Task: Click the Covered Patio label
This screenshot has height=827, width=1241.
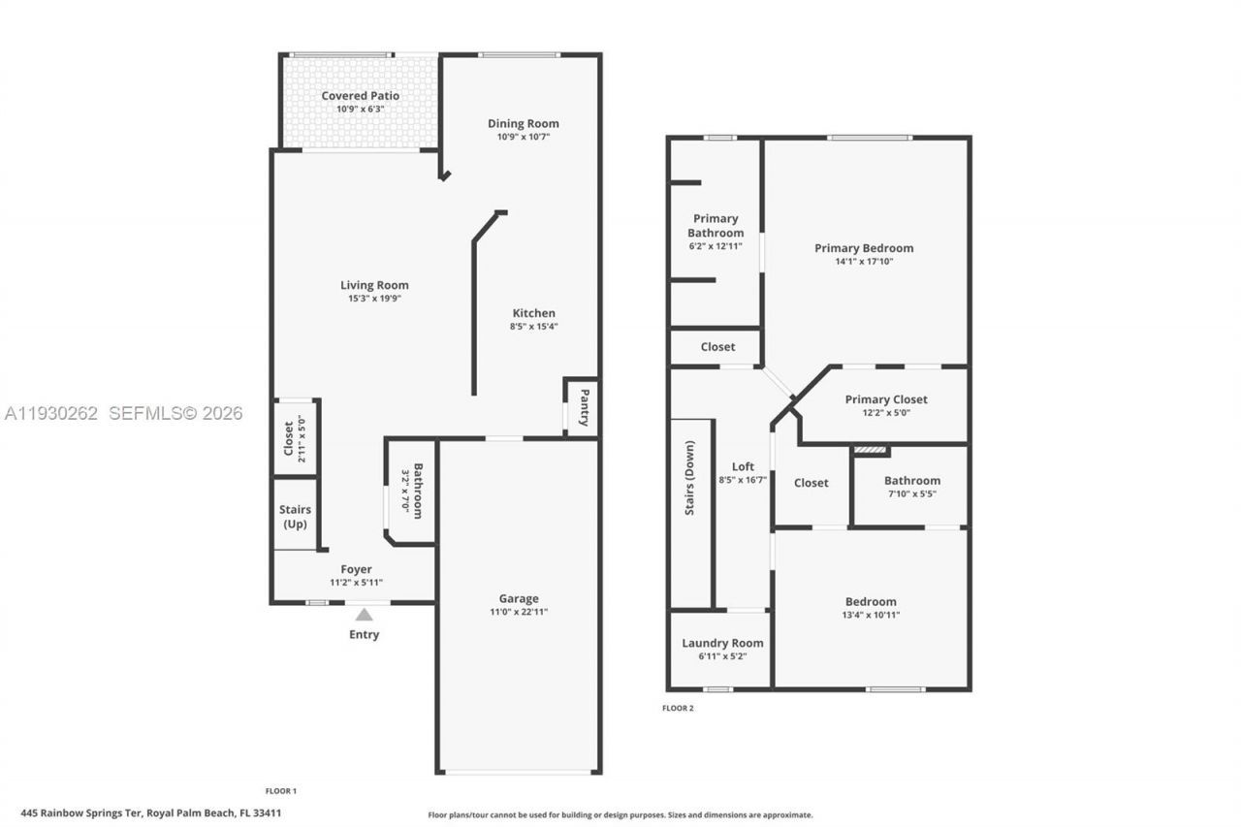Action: pyautogui.click(x=360, y=96)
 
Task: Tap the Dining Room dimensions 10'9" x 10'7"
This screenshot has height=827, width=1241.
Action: pyautogui.click(x=523, y=137)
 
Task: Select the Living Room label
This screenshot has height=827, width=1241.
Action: pyautogui.click(x=374, y=285)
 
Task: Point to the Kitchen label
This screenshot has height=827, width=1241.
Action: pyautogui.click(x=534, y=313)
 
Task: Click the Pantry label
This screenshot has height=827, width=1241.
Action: pyautogui.click(x=585, y=407)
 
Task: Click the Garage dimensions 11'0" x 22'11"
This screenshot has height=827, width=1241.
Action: pyautogui.click(x=519, y=612)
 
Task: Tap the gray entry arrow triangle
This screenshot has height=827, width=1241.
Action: pyautogui.click(x=364, y=614)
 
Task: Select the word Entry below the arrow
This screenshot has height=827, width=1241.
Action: pyautogui.click(x=364, y=634)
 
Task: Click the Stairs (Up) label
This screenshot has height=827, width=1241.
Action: pyautogui.click(x=295, y=517)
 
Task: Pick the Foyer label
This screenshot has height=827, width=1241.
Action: pyautogui.click(x=356, y=569)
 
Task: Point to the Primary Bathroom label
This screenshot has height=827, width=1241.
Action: pyautogui.click(x=716, y=226)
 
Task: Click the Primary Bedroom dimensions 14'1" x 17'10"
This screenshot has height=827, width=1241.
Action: pyautogui.click(x=863, y=261)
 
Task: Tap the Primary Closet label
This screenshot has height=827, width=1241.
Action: pyautogui.click(x=885, y=399)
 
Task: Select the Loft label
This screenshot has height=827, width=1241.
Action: pyautogui.click(x=743, y=466)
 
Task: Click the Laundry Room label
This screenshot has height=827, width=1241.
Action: pyautogui.click(x=722, y=643)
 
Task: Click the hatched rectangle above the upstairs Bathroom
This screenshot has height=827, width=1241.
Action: pyautogui.click(x=870, y=450)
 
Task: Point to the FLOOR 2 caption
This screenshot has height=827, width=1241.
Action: pyautogui.click(x=678, y=708)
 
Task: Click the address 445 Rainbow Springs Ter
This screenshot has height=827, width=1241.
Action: pyautogui.click(x=82, y=813)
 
